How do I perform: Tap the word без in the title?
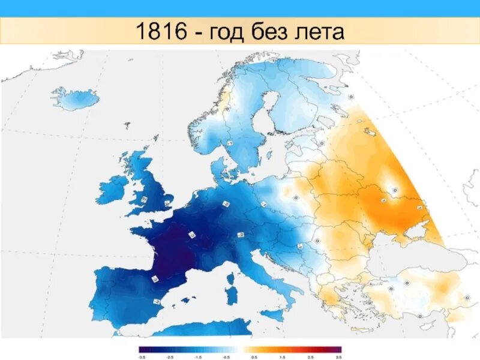[275, 31]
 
